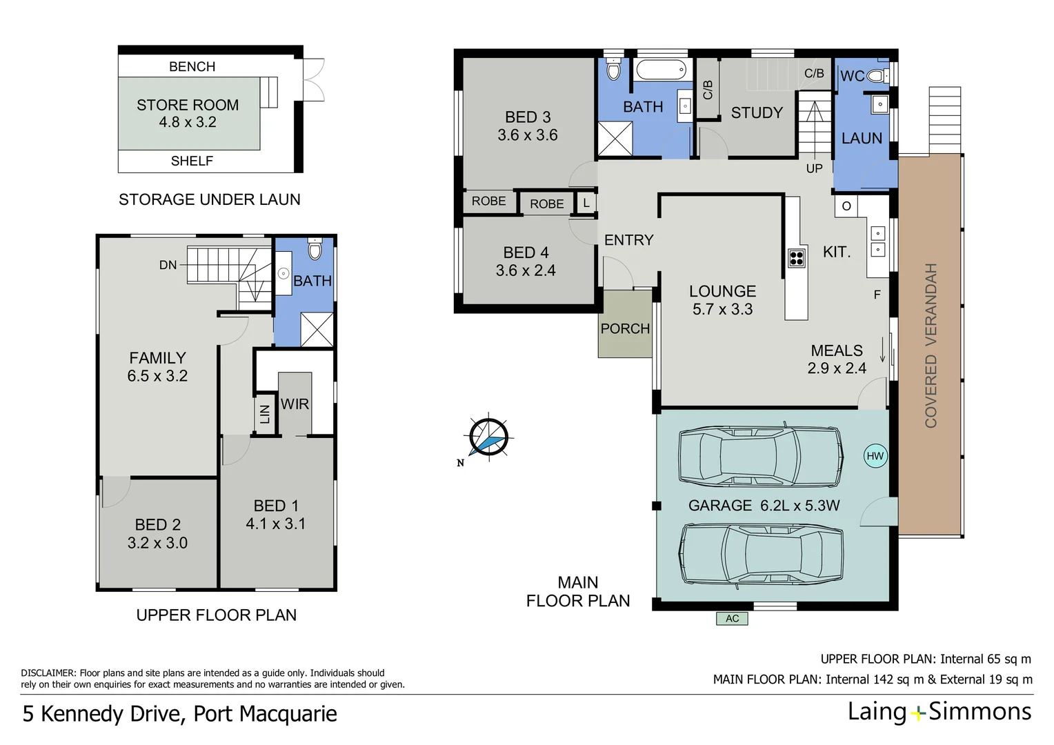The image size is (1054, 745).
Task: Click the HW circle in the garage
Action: click(x=875, y=456)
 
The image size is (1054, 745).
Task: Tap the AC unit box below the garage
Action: click(x=732, y=618)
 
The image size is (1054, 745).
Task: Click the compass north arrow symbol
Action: click(x=488, y=437)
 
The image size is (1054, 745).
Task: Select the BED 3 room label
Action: click(x=528, y=117)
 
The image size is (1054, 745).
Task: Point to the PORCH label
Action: click(x=625, y=329)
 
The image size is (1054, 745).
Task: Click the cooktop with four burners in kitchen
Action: click(x=796, y=258)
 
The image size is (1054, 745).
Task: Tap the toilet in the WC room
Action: click(x=877, y=76)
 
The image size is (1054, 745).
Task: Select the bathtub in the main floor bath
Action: click(x=661, y=70)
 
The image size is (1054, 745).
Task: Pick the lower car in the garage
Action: click(x=760, y=554)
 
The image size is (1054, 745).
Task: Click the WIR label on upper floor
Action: click(x=295, y=404)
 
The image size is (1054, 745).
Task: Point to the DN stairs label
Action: click(x=168, y=265)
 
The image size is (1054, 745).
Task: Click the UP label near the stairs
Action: click(x=814, y=168)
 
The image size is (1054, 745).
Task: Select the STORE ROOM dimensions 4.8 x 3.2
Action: click(x=188, y=122)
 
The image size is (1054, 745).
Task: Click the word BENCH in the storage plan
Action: click(x=192, y=66)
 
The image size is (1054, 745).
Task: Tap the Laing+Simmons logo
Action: click(x=939, y=711)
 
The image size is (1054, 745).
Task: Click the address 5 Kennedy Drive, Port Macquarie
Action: click(x=179, y=713)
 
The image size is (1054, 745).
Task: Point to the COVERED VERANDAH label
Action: click(x=931, y=345)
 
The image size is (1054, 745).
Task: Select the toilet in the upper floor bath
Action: click(x=315, y=249)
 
